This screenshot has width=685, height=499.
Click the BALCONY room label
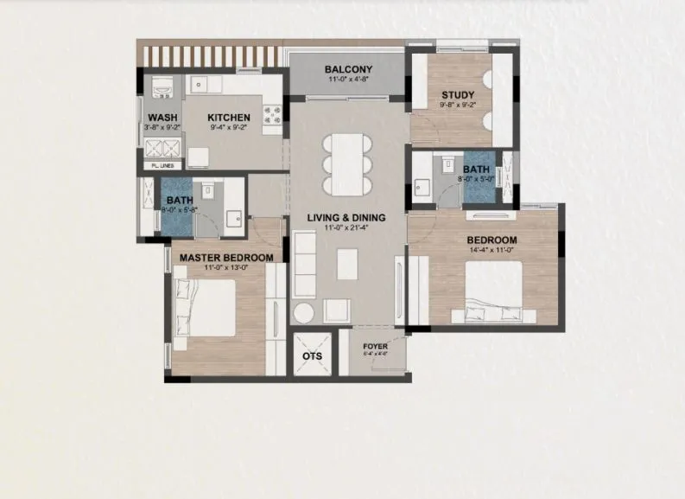pos(348,70)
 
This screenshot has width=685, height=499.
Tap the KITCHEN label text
pos(229,118)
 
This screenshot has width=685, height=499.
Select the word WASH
pos(162,118)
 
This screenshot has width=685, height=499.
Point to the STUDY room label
pos(457,95)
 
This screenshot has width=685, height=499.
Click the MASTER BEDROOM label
pos(226,257)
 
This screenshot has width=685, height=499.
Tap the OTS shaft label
pos(312,355)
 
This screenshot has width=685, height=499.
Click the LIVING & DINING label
pos(348,218)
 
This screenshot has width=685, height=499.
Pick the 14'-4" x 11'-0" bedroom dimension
pos(492,251)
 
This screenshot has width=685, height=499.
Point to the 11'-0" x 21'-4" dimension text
pos(348,228)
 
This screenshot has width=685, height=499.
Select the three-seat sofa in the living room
pos(305,265)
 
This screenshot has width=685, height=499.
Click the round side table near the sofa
pos(305,313)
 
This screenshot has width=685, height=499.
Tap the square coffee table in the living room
pos(347,264)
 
